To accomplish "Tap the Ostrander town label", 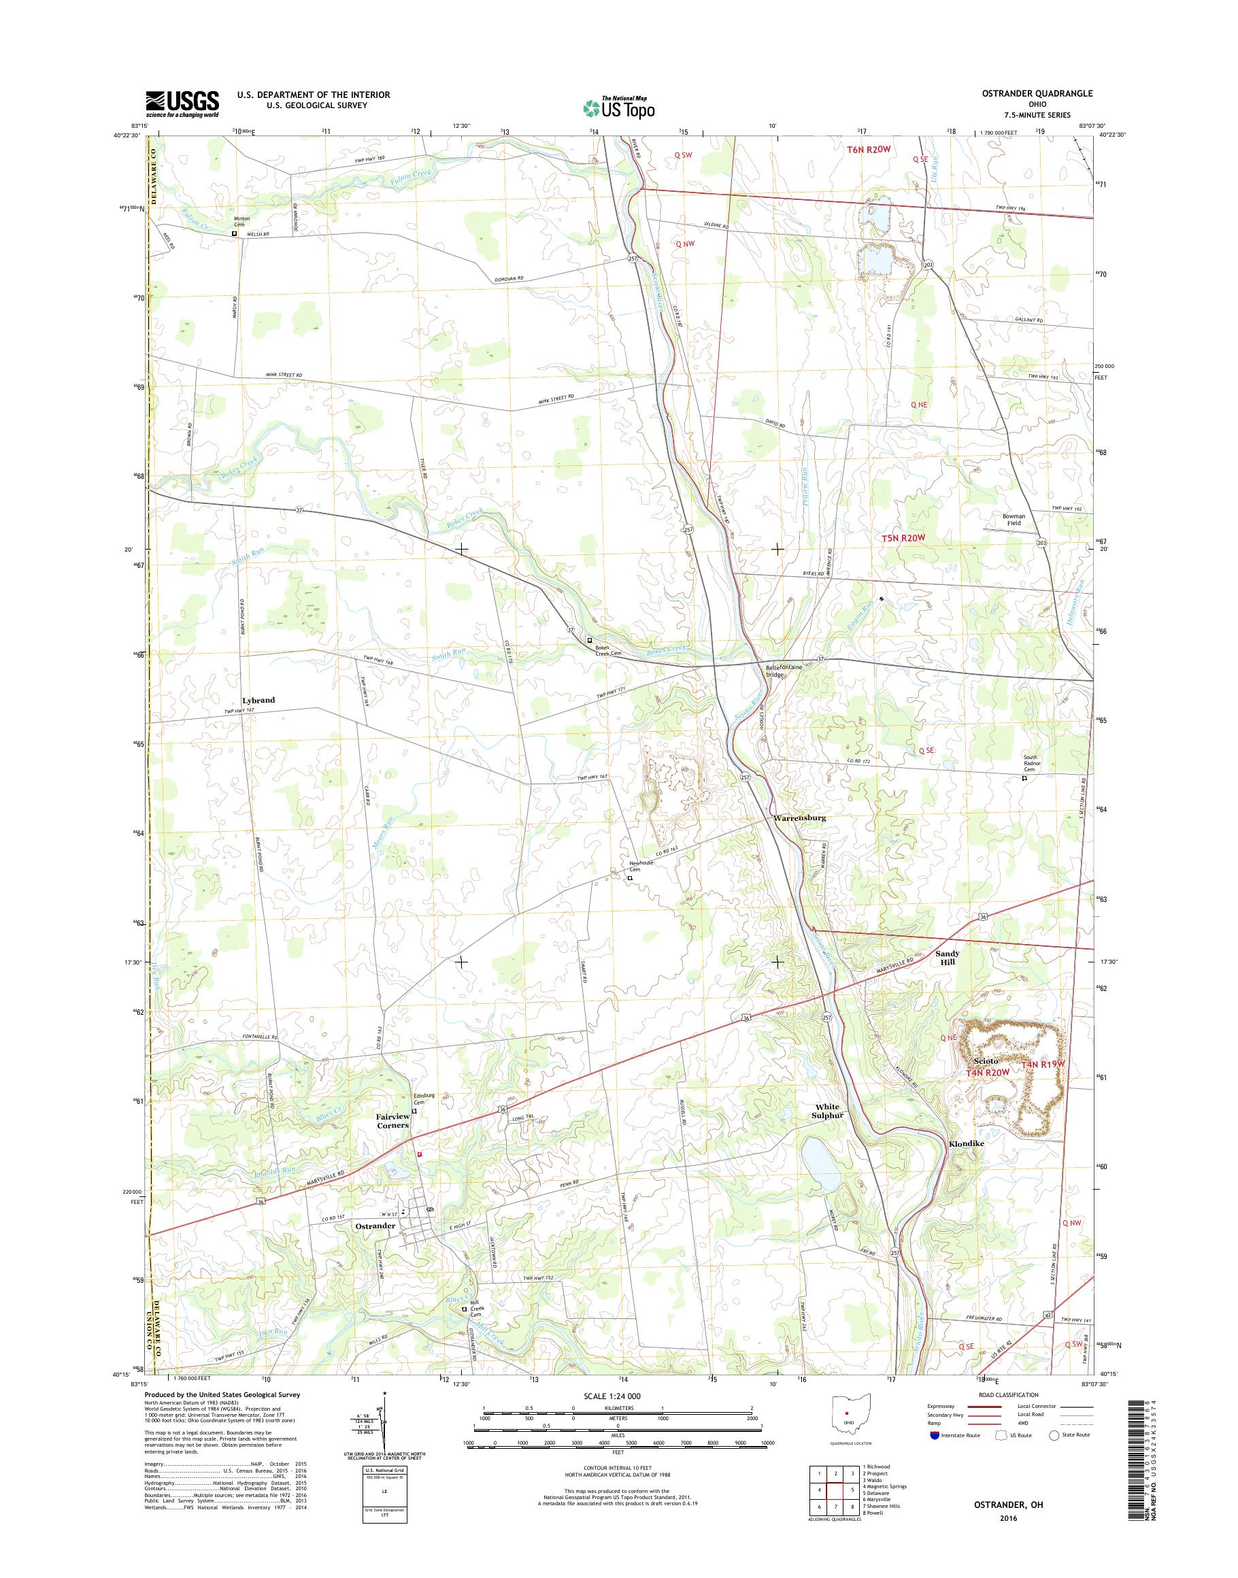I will pos(375,1226).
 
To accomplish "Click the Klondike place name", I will pos(966,1144).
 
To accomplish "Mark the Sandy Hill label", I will pos(948,958).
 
